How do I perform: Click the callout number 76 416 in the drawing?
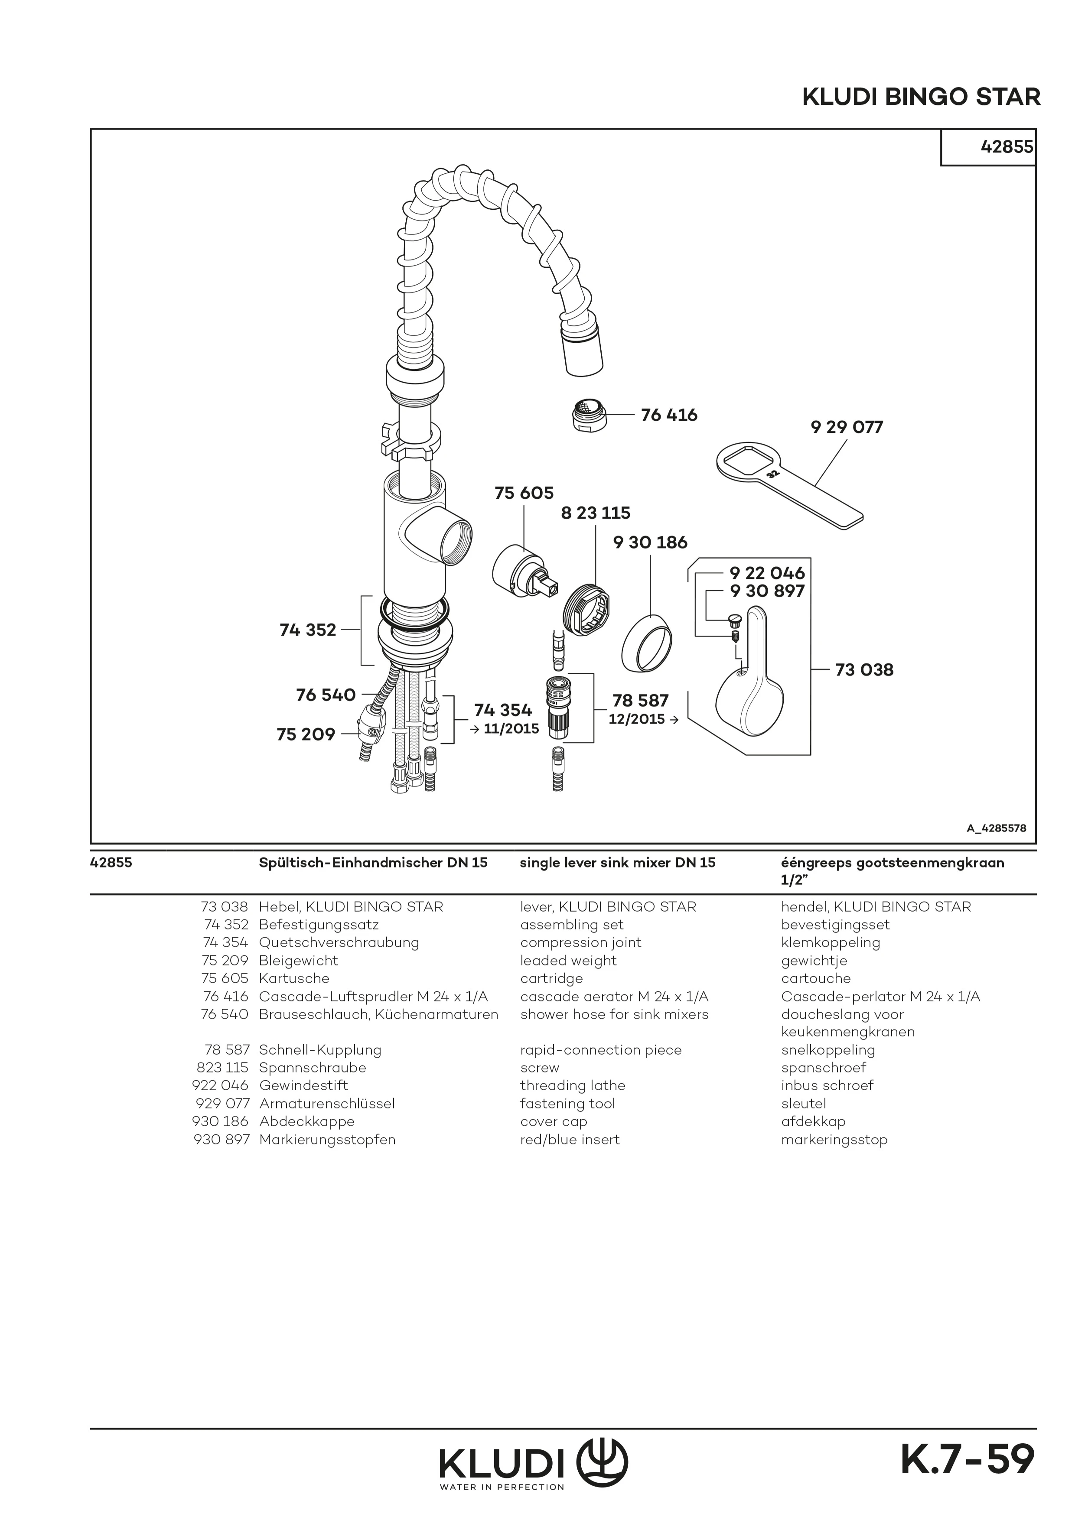click(x=669, y=415)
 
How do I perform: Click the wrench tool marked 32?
click(x=788, y=483)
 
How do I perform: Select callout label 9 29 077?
click(x=847, y=427)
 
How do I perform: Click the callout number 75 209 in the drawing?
click(x=306, y=734)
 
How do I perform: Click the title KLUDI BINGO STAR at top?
click(x=921, y=97)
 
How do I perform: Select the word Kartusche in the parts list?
click(x=294, y=978)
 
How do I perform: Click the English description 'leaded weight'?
click(x=568, y=961)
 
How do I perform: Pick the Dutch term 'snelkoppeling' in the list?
click(x=828, y=1050)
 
